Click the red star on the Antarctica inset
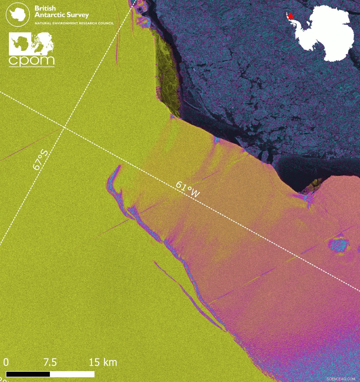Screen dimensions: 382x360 coord(290,16)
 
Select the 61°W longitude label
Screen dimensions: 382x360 coord(188,189)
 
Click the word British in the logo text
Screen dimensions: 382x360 coord(45,8)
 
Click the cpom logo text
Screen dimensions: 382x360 coord(31,60)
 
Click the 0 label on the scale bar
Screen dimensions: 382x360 coord(6,362)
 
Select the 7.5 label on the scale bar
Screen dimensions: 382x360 coord(50,362)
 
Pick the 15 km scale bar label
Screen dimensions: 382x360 coord(103,362)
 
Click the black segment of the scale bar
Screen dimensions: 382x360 coord(28,374)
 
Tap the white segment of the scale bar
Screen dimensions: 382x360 coord(72,374)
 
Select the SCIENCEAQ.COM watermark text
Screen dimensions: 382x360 coord(340,379)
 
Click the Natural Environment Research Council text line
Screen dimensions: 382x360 coord(74,23)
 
